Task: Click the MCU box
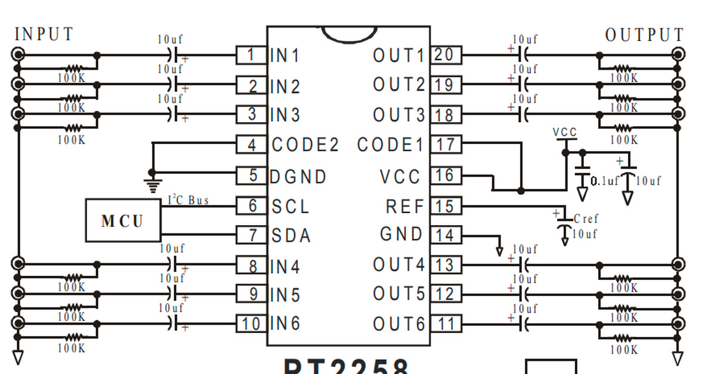[123, 221]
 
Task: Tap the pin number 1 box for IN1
[251, 55]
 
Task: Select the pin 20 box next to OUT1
[444, 55]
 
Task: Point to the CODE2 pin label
[305, 145]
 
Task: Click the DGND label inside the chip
[299, 177]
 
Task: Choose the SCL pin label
[291, 207]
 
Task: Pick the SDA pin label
[291, 236]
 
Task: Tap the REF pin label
[405, 207]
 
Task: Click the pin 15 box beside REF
[444, 207]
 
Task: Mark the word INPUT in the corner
[44, 35]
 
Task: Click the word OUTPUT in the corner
[645, 36]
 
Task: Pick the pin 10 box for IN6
[251, 324]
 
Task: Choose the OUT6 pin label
[399, 325]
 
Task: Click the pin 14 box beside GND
[444, 235]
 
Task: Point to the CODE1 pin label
[390, 145]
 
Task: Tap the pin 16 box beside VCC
[444, 176]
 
